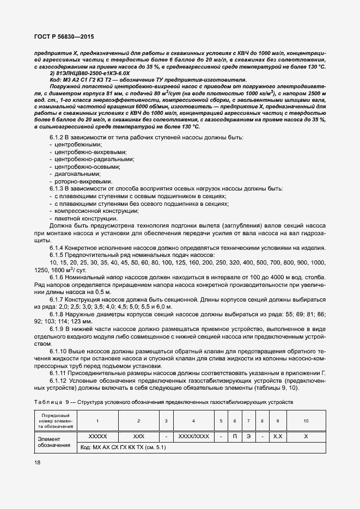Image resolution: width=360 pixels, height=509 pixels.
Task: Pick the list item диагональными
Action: [73, 174]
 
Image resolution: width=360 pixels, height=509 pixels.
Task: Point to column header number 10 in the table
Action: [306, 421]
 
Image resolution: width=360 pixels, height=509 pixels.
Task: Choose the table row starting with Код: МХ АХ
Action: [123, 447]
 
